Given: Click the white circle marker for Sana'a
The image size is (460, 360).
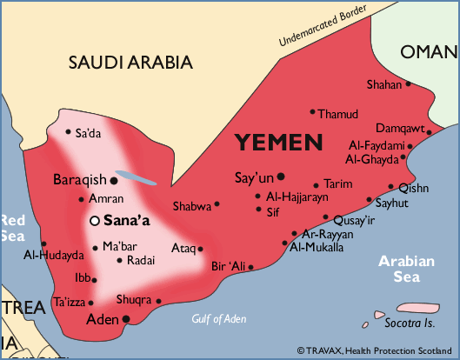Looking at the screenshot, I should (x=94, y=221).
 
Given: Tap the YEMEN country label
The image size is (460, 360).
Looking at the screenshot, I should (x=278, y=143).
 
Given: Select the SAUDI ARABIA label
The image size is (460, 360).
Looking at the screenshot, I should (x=130, y=63).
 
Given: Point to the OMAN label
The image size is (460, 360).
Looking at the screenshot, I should (x=428, y=52).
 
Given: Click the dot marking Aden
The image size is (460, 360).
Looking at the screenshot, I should (x=126, y=319).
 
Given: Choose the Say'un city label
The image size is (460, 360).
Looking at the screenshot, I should (x=254, y=178).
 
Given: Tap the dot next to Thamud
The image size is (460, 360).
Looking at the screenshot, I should (x=312, y=112).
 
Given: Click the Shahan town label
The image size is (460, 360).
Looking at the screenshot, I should (x=384, y=85).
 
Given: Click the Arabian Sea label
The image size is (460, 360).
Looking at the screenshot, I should (x=410, y=268).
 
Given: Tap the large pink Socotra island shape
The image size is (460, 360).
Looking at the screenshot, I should (x=415, y=309).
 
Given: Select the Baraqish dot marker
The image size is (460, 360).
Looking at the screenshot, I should (x=113, y=180).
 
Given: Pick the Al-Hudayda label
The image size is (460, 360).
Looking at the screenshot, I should (x=54, y=256).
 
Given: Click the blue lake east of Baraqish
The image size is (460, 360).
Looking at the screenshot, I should (x=137, y=177).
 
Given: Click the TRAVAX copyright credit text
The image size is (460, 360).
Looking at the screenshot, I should (x=376, y=350).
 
